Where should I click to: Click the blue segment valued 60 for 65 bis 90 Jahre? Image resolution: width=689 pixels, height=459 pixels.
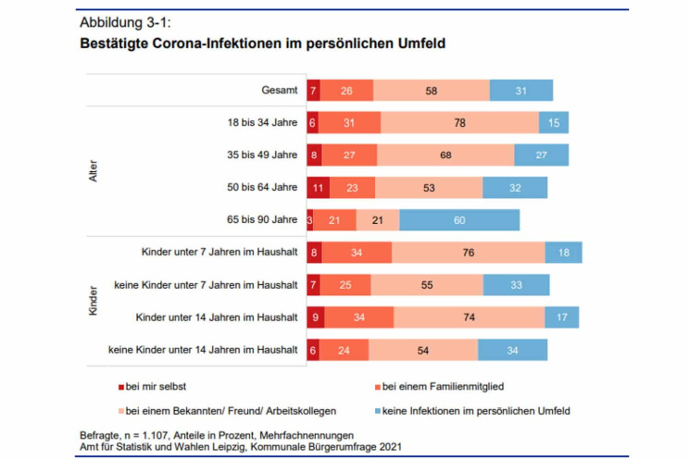click(459, 219)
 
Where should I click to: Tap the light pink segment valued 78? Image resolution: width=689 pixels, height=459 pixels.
click(459, 122)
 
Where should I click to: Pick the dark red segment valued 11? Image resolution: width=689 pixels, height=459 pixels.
click(318, 187)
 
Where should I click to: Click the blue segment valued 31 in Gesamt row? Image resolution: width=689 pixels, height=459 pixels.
click(520, 90)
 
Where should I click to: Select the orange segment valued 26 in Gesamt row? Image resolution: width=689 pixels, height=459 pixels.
click(346, 90)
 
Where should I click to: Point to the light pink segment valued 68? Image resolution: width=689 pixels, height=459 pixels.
click(445, 155)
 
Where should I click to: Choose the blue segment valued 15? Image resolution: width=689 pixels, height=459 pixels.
click(554, 122)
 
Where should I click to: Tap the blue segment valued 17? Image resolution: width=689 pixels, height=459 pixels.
click(562, 316)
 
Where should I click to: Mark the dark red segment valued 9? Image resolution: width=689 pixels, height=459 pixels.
click(316, 316)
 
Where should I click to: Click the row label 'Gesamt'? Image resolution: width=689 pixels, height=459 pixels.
click(279, 90)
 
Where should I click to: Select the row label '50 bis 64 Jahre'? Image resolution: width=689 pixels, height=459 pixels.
click(262, 187)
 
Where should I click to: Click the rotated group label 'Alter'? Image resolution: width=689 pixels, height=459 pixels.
click(93, 171)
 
